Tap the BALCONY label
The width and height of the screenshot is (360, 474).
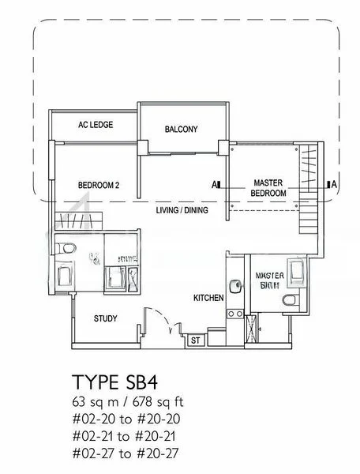[181, 129]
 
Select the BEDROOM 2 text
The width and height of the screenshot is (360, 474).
[98, 186]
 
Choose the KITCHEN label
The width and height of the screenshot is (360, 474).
[209, 298]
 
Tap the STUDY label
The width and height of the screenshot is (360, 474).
[105, 319]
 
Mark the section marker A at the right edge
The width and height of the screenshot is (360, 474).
[334, 185]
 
